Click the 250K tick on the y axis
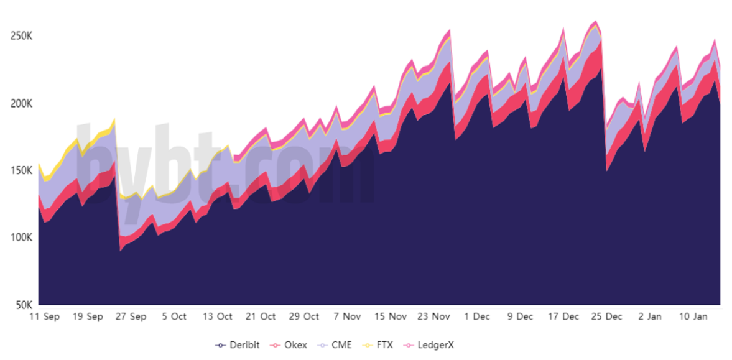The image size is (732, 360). pyautogui.click(x=21, y=36)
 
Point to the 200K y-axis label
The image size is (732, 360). pyautogui.click(x=21, y=103)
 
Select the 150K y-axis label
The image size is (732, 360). pyautogui.click(x=21, y=170)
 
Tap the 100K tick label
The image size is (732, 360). pyautogui.click(x=21, y=238)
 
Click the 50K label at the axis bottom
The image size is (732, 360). pyautogui.click(x=24, y=305)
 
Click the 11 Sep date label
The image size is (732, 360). pyautogui.click(x=45, y=316)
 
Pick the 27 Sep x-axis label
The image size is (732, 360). pyautogui.click(x=131, y=316)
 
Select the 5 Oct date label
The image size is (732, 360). pyautogui.click(x=174, y=316)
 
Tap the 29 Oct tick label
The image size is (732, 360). pyautogui.click(x=304, y=316)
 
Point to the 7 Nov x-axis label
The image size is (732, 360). pyautogui.click(x=347, y=316)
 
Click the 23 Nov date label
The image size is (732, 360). pyautogui.click(x=433, y=316)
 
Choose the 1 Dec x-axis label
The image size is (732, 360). pyautogui.click(x=477, y=316)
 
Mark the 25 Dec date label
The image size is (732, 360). pyautogui.click(x=606, y=316)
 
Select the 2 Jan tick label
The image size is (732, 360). pyautogui.click(x=650, y=316)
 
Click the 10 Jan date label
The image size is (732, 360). pyautogui.click(x=693, y=316)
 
